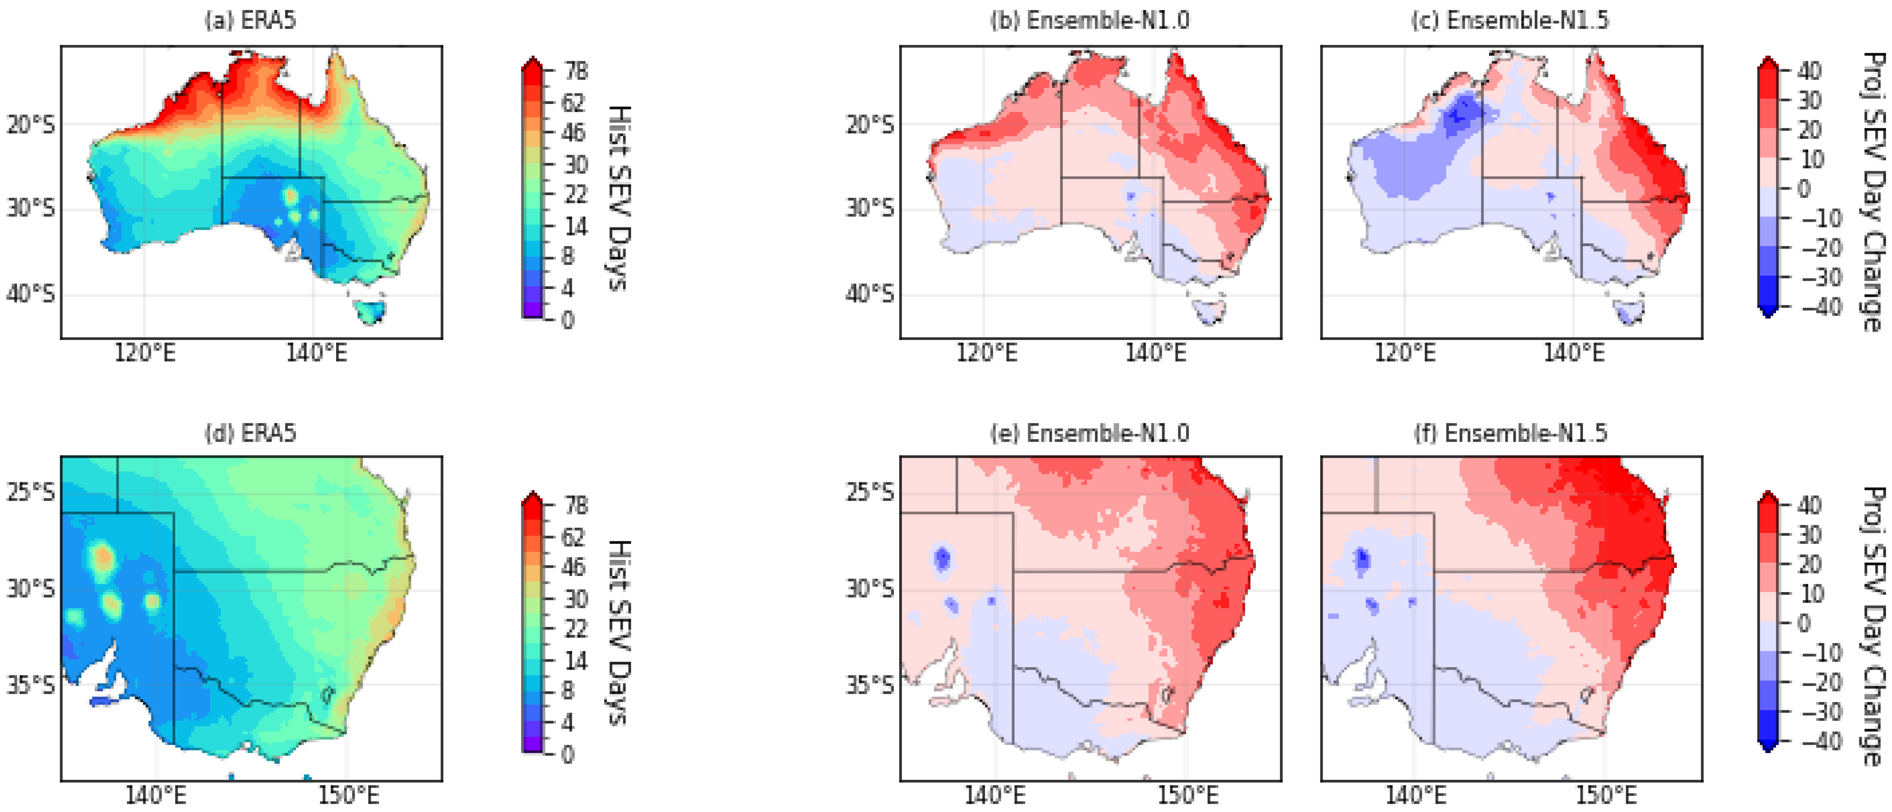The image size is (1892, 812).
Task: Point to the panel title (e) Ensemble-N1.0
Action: [x=1090, y=433]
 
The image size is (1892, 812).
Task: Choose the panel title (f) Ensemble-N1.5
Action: [x=1510, y=433]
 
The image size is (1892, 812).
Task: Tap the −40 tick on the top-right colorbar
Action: [x=1822, y=306]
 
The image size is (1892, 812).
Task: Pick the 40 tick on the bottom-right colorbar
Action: [x=1810, y=506]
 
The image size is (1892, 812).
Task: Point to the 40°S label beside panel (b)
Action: [x=870, y=294]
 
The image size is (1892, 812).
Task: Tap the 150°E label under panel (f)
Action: [x=1606, y=796]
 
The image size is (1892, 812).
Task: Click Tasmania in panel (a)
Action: [x=369, y=311]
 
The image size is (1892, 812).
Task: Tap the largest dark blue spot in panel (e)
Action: [x=941, y=559]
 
